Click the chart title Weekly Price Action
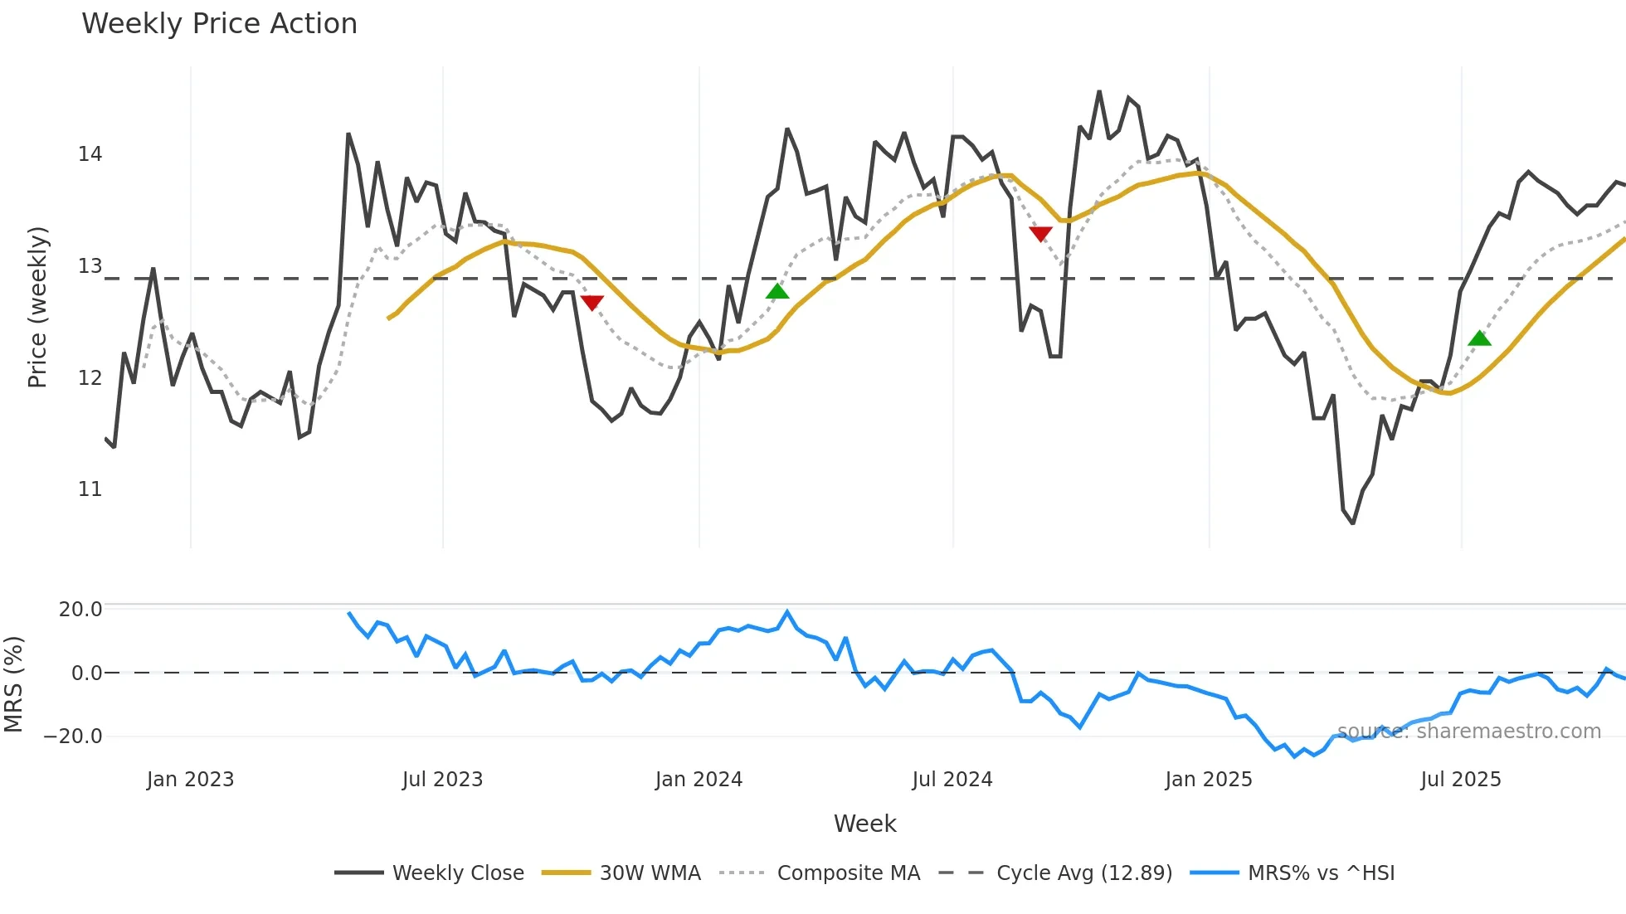[219, 24]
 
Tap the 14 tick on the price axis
[90, 154]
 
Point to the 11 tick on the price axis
[90, 489]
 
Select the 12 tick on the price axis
[90, 378]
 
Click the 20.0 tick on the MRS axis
[80, 610]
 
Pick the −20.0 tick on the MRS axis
[73, 737]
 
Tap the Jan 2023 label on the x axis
[190, 780]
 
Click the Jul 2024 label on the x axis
[952, 780]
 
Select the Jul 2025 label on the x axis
[1461, 780]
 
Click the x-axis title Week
[864, 824]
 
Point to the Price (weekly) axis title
[37, 307]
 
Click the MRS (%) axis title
[13, 684]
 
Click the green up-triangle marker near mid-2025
[1479, 338]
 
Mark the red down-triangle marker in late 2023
[592, 303]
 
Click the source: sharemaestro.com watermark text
[1468, 732]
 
